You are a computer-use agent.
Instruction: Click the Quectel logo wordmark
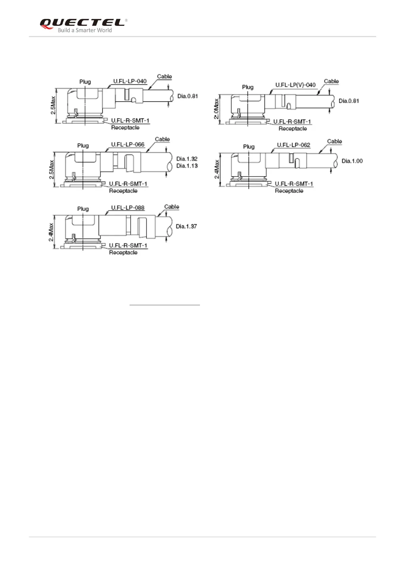[x=82, y=22]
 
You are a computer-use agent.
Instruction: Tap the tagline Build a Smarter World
[x=85, y=30]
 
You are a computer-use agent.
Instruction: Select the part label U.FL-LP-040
[x=130, y=81]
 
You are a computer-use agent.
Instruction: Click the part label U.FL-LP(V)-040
[x=295, y=84]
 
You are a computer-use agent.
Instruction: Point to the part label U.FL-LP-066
[x=128, y=144]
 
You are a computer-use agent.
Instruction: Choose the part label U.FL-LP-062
[x=293, y=145]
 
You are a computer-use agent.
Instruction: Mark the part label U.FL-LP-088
[x=128, y=208]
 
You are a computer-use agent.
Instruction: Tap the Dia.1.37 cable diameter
[x=186, y=226]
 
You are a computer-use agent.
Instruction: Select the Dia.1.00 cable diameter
[x=352, y=161]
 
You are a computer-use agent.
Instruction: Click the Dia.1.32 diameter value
[x=187, y=159]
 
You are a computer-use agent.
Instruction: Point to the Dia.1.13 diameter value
[x=187, y=166]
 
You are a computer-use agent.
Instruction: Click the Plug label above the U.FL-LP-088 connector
[x=83, y=209]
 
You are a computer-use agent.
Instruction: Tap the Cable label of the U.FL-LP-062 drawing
[x=334, y=141]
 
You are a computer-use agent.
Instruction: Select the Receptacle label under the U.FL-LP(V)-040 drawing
[x=292, y=129]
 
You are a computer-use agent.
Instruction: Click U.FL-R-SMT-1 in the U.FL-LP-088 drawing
[x=128, y=245]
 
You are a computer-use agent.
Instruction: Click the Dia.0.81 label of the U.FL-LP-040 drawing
[x=187, y=96]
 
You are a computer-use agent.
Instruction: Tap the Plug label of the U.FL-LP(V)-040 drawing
[x=248, y=87]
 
